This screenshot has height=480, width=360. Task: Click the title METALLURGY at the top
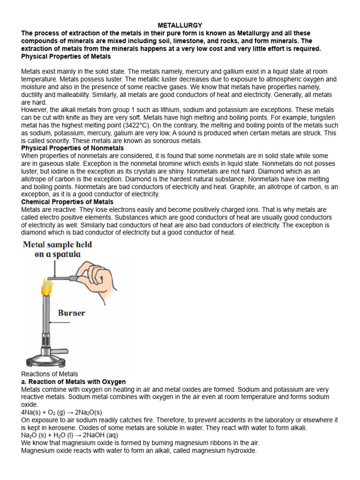(180, 25)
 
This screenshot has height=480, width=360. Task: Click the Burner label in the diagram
(71, 313)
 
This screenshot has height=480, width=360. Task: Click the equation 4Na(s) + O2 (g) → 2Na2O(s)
(61, 412)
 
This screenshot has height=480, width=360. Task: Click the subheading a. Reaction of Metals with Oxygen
(74, 382)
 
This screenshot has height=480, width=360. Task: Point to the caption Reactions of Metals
(50, 374)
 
